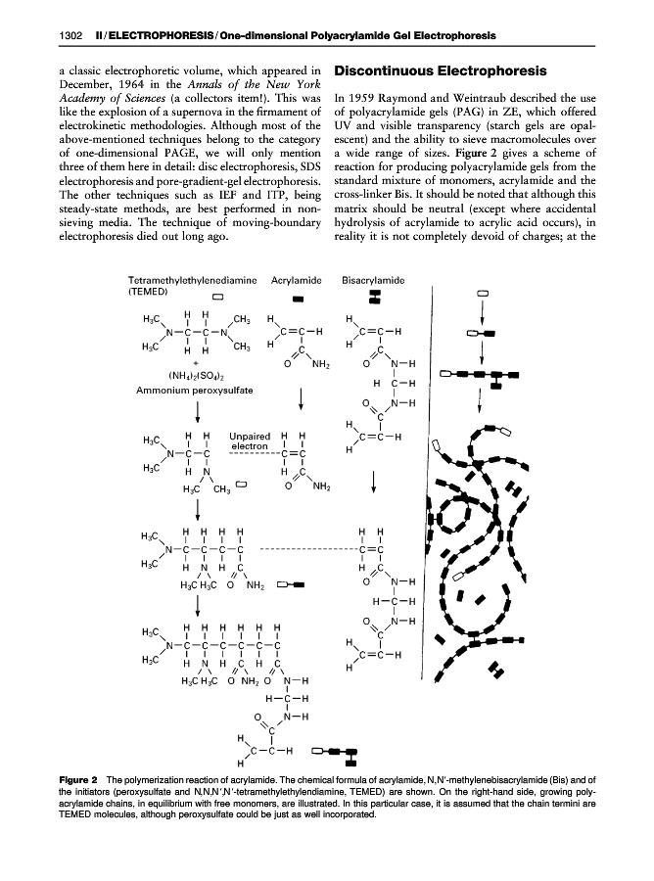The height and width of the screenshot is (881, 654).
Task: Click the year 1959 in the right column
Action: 364,99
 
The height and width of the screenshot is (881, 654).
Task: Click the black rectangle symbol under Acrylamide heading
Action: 298,299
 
